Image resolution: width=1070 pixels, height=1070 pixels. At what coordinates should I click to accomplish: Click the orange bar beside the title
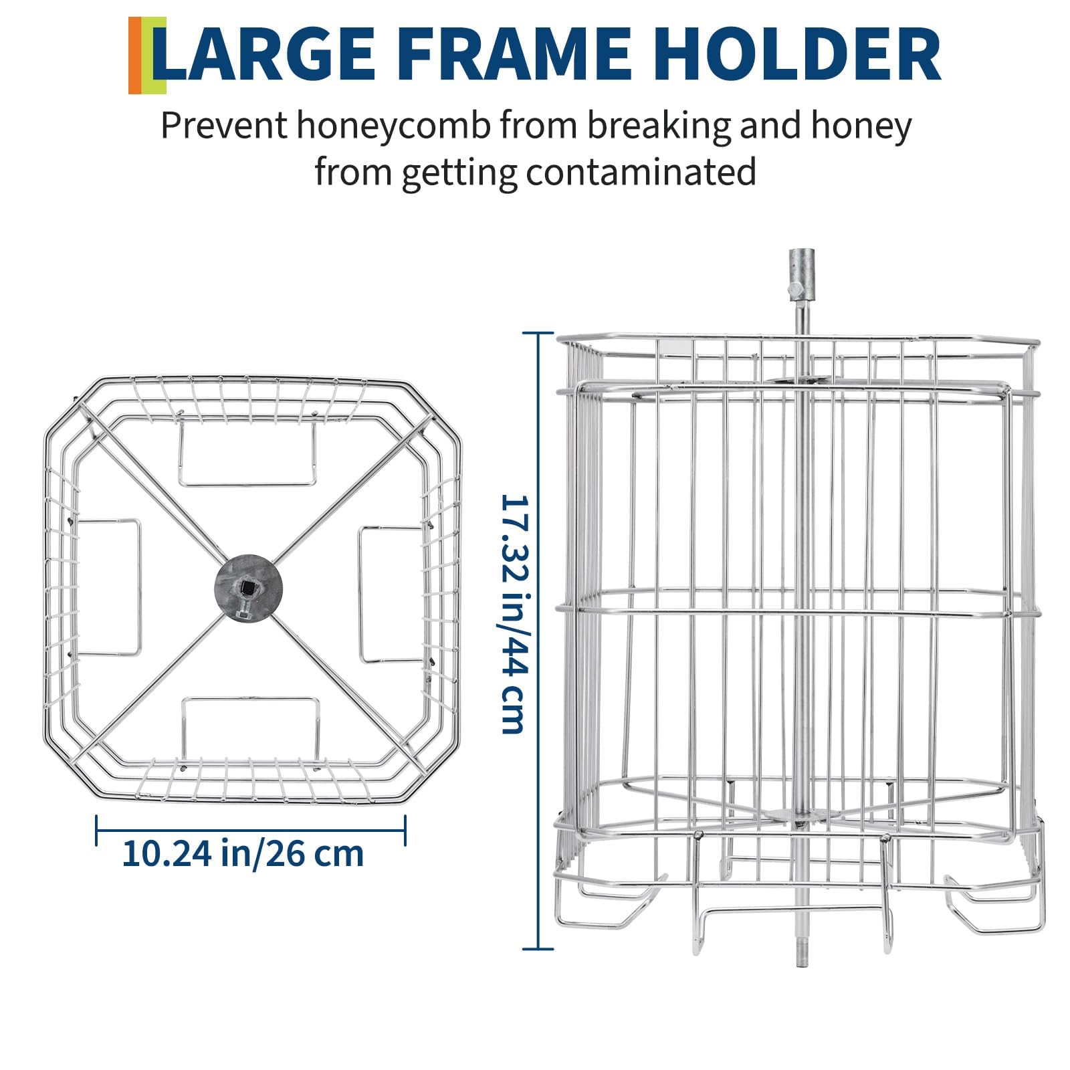coord(134,56)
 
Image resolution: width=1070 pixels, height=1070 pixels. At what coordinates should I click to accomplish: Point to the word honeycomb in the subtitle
coord(394,127)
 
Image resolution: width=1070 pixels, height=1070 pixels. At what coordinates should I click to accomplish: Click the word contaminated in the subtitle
coord(641,172)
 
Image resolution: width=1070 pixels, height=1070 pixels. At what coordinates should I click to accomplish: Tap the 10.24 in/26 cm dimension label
coord(243,853)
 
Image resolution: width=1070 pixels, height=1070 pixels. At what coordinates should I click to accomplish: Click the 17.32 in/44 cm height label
coord(514,614)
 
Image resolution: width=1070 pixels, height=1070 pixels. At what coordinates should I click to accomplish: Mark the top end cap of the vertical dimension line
coord(538,333)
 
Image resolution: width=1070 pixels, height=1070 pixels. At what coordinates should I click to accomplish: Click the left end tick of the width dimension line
coord(98,831)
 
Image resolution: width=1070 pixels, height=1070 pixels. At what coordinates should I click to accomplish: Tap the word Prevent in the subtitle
coord(223,126)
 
